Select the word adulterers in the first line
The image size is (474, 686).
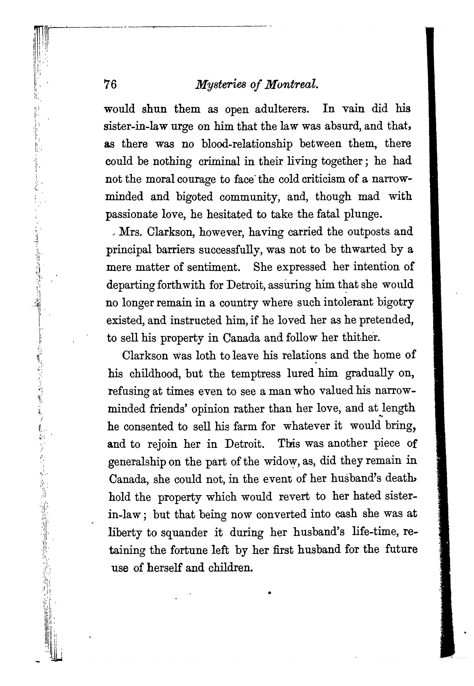click(x=282, y=109)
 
